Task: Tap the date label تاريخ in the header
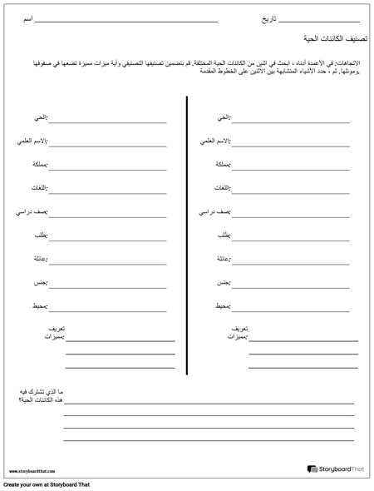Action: pyautogui.click(x=266, y=18)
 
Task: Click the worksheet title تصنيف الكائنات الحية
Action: pyautogui.click(x=331, y=39)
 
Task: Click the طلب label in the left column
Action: pyautogui.click(x=42, y=236)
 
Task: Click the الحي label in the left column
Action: pyautogui.click(x=40, y=117)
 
